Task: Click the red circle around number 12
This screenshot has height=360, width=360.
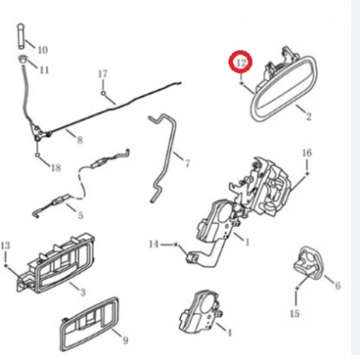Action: (240, 62)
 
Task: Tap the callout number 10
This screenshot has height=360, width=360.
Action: (42, 49)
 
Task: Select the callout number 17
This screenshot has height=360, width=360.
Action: (103, 74)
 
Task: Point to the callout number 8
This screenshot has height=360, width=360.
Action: (79, 139)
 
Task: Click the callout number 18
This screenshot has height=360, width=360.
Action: (56, 167)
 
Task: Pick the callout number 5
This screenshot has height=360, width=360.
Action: (80, 215)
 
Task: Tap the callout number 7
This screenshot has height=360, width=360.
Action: (187, 164)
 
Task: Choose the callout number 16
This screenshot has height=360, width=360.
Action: (307, 153)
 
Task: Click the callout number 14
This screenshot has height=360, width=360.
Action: (154, 245)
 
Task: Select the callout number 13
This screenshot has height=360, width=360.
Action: (5, 246)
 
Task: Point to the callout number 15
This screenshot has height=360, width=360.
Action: (295, 313)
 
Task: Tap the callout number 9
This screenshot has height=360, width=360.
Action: (125, 340)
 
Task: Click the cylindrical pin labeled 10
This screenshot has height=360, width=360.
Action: (22, 36)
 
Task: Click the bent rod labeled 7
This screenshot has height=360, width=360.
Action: (164, 156)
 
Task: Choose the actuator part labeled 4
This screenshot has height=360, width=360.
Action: (199, 312)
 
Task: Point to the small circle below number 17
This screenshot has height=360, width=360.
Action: (103, 94)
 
